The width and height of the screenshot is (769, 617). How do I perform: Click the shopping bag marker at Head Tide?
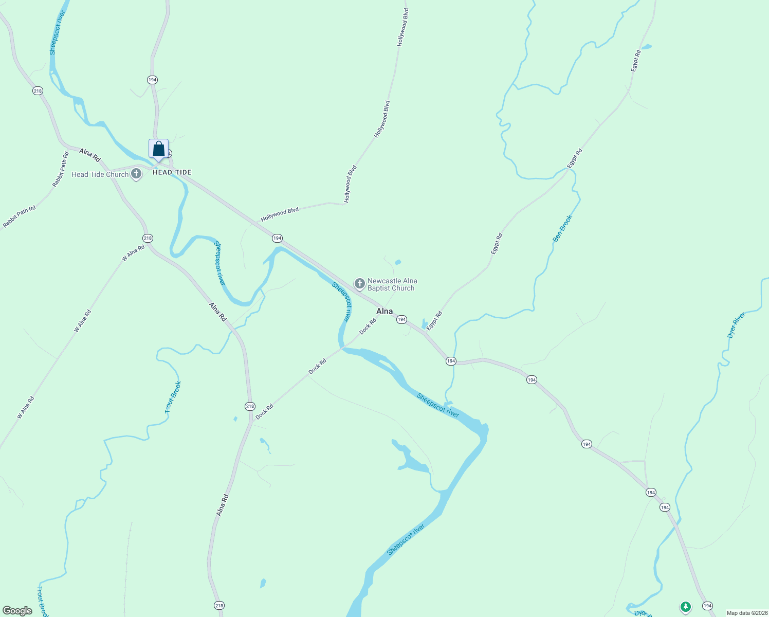point(159,149)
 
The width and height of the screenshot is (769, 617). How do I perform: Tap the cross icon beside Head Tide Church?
point(136,174)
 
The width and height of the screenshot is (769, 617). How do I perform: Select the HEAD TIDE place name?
point(172,172)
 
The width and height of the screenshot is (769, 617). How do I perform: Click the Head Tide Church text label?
point(100,174)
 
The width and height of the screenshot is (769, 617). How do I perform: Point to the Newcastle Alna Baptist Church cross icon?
point(360,283)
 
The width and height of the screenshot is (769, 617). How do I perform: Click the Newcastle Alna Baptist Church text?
point(392,284)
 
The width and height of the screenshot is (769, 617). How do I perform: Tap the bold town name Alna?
point(384,311)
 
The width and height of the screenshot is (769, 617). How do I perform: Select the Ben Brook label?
point(562,229)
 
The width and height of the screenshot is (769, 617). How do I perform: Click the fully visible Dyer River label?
point(736,325)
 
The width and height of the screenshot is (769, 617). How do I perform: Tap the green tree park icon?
point(685,607)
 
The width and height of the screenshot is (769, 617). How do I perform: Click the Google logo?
point(17,611)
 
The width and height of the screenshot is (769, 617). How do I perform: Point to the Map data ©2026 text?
point(746,613)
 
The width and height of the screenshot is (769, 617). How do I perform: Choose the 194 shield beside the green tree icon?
point(708,606)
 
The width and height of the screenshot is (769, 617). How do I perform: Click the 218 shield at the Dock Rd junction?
point(250,406)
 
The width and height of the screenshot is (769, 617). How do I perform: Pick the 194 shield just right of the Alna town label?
point(401,319)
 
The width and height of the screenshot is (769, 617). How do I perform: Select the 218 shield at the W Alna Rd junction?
point(148,238)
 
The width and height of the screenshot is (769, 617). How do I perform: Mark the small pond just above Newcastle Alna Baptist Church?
point(397,262)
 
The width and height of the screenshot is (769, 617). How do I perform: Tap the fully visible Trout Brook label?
point(173,397)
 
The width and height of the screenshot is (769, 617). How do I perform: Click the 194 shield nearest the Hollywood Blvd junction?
point(277,238)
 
